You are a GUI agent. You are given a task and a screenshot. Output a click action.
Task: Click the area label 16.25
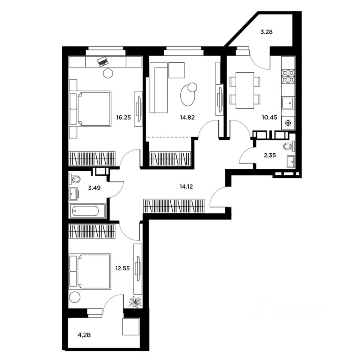pos(123,117)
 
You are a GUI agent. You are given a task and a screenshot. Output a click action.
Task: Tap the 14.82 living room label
pos(187,117)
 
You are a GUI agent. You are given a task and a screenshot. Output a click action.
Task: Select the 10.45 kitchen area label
pos(270,117)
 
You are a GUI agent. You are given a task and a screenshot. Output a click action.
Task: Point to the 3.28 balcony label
pos(266,32)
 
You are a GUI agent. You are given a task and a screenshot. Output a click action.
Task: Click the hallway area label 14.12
pos(186,187)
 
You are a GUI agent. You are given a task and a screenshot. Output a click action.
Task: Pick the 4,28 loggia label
pos(84,335)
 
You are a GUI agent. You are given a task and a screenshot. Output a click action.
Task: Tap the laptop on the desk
pos(103,61)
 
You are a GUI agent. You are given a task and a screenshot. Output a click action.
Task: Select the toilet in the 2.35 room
pos(289,146)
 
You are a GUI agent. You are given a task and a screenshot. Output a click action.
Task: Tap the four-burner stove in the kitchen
pos(288,76)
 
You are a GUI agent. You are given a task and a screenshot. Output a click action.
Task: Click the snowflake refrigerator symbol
pos(288,123)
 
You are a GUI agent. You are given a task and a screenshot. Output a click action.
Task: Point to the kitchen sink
pos(288,103)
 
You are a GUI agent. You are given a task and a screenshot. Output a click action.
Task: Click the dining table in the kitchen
pos(245,90)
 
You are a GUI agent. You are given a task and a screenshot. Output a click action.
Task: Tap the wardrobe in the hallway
pos(174,206)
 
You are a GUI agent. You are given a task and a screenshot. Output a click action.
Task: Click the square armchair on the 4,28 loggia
pos(131,327)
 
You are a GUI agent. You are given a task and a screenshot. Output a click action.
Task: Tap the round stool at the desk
pos(108,73)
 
